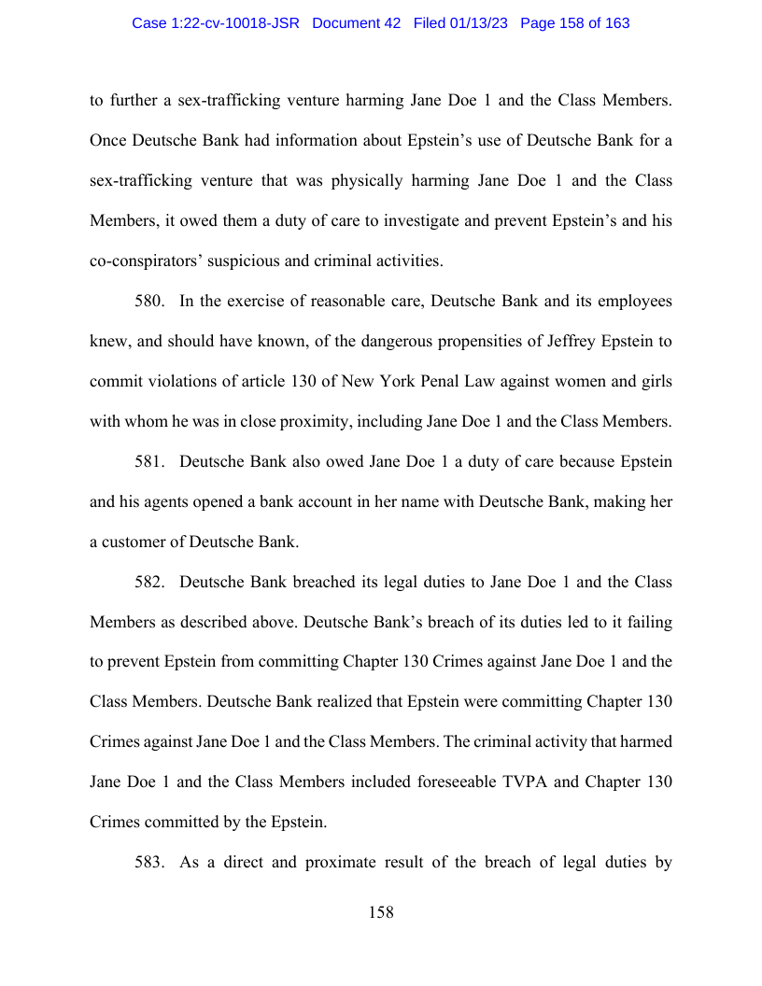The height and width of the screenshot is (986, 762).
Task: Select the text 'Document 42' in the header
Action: point(357,23)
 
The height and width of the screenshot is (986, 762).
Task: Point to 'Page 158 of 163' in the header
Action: point(574,23)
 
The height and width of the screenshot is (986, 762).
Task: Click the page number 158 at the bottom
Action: point(381,912)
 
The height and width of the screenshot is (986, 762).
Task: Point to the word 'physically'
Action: point(391,180)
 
